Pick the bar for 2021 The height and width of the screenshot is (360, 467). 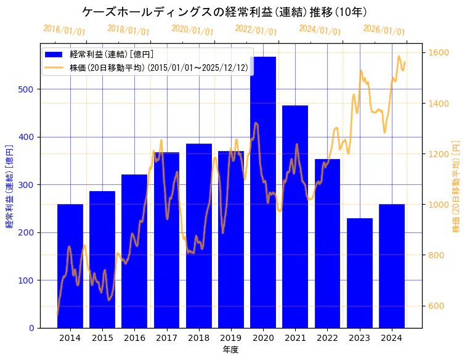click(x=295, y=216)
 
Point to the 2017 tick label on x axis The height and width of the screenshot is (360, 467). click(x=166, y=338)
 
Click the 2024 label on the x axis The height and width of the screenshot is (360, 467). click(x=392, y=338)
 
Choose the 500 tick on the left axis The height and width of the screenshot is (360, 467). click(x=27, y=89)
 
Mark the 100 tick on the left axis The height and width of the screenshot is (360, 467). click(x=27, y=280)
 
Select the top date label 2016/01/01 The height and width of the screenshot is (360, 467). click(x=65, y=30)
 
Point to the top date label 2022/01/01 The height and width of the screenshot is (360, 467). click(x=256, y=30)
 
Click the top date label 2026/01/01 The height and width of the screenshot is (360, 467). click(x=384, y=30)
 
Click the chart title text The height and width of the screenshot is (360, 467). click(x=225, y=12)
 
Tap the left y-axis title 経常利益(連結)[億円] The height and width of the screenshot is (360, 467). click(x=9, y=186)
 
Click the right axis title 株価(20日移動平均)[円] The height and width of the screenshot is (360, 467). click(x=457, y=186)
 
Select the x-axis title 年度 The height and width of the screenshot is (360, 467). click(x=230, y=350)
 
